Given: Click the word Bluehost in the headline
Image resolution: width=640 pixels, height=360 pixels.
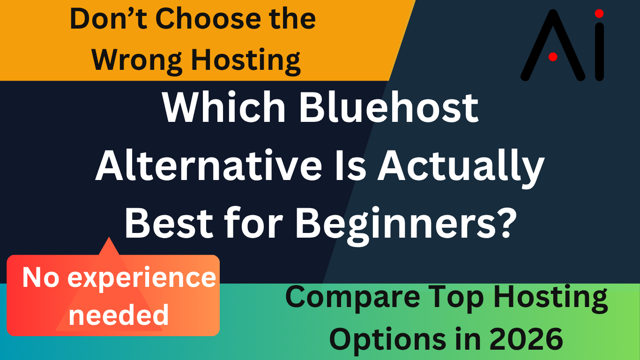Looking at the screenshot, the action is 388,107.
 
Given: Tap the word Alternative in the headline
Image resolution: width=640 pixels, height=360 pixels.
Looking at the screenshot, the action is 208,166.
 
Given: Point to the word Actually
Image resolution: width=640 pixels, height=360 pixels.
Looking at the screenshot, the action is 461,169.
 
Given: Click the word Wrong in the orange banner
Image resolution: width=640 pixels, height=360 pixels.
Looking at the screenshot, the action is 137,60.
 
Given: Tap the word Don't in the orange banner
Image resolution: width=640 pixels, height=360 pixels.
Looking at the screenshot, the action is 109,19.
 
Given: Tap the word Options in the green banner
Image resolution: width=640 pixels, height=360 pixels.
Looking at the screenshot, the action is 387,341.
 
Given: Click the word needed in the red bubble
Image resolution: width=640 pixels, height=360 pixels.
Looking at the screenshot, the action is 119,315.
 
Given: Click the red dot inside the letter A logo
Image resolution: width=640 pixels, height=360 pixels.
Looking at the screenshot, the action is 553,57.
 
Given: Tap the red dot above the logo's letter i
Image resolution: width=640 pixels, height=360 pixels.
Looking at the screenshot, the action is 599,14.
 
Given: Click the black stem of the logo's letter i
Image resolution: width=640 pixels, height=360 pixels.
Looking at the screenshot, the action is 599,52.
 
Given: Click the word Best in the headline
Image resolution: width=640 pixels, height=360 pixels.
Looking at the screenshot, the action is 169,223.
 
